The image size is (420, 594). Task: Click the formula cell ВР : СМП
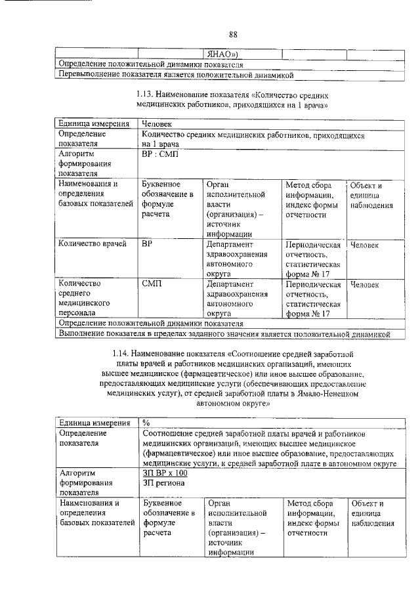[x=159, y=154]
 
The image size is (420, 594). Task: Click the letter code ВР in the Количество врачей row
[x=148, y=245]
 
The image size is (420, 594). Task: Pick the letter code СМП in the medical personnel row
[x=152, y=284]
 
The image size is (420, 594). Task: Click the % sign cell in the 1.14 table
[x=147, y=423]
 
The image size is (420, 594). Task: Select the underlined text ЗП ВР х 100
[x=165, y=473]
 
